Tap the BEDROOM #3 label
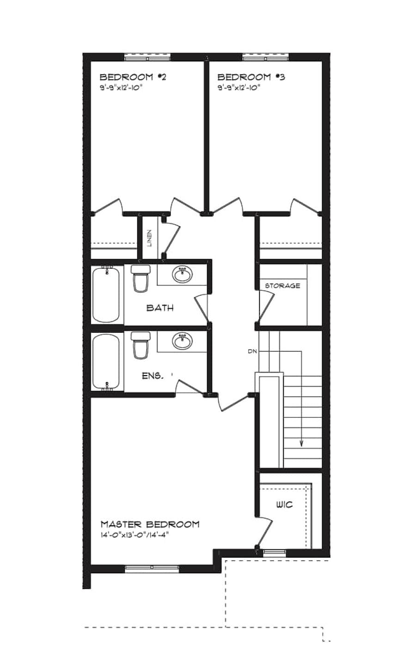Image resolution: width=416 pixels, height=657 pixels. (x=251, y=77)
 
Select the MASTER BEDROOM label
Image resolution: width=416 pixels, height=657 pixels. (x=150, y=524)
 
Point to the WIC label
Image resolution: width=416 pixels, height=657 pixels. (x=284, y=505)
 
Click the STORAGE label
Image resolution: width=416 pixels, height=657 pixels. (x=282, y=286)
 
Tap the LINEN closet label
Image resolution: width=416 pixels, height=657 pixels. (x=149, y=238)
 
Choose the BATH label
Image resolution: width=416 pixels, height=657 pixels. (x=160, y=308)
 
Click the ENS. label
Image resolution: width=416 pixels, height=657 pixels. (x=152, y=376)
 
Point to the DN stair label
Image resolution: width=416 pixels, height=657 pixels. (x=252, y=352)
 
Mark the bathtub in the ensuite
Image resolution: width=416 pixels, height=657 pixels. (x=107, y=362)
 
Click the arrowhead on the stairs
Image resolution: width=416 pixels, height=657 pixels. (x=301, y=444)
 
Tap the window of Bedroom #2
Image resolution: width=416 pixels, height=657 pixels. (x=147, y=57)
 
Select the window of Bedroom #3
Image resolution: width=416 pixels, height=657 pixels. (x=266, y=57)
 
